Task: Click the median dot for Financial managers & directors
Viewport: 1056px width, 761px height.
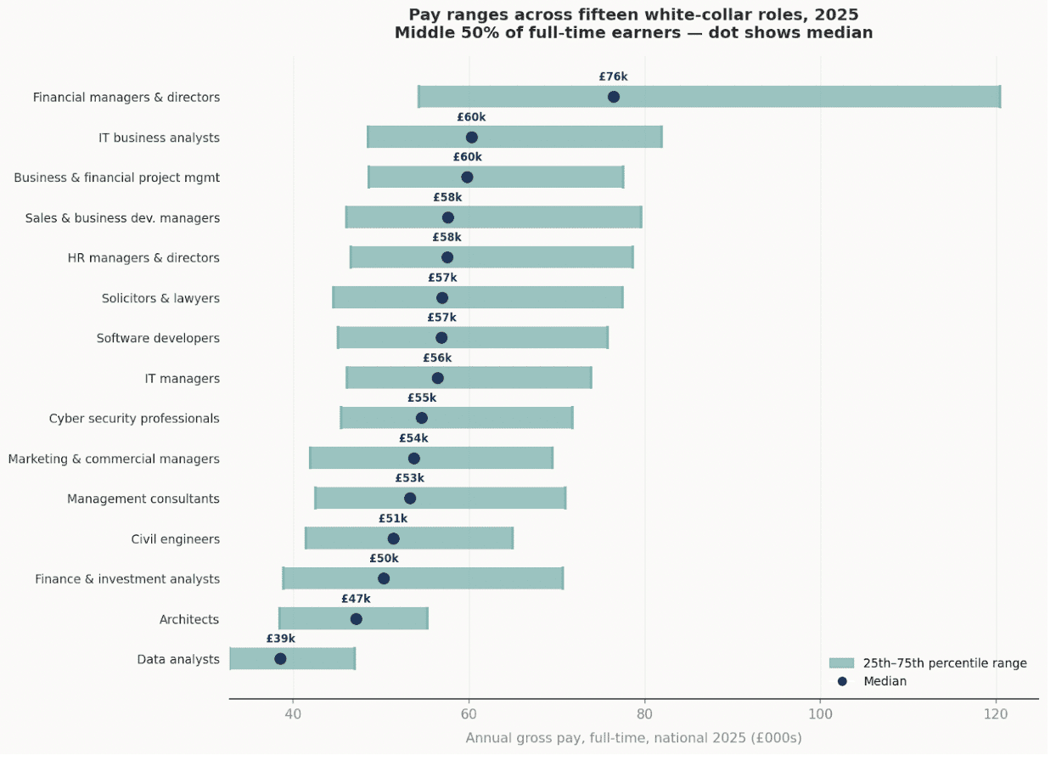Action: [x=614, y=97]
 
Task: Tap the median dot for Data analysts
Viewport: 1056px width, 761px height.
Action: [x=280, y=659]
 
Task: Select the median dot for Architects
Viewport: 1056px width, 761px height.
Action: [x=357, y=619]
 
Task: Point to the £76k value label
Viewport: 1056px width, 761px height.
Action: [x=613, y=76]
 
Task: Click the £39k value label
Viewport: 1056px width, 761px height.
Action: [x=281, y=639]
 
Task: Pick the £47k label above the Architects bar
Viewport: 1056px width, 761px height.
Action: [x=356, y=599]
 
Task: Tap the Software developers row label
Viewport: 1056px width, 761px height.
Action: [x=158, y=338]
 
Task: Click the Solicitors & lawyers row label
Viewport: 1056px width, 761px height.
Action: [x=160, y=298]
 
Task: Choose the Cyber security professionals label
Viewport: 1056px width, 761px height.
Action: [x=134, y=419]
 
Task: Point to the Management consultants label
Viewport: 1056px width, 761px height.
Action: [x=143, y=499]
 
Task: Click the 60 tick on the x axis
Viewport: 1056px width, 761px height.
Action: [x=469, y=715]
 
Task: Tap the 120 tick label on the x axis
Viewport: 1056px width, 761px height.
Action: [x=996, y=715]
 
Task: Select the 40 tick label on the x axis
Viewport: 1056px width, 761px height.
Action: [x=293, y=715]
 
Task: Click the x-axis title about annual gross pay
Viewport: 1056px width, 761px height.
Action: [x=633, y=738]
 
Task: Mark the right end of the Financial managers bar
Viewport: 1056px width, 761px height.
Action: [x=1000, y=97]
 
